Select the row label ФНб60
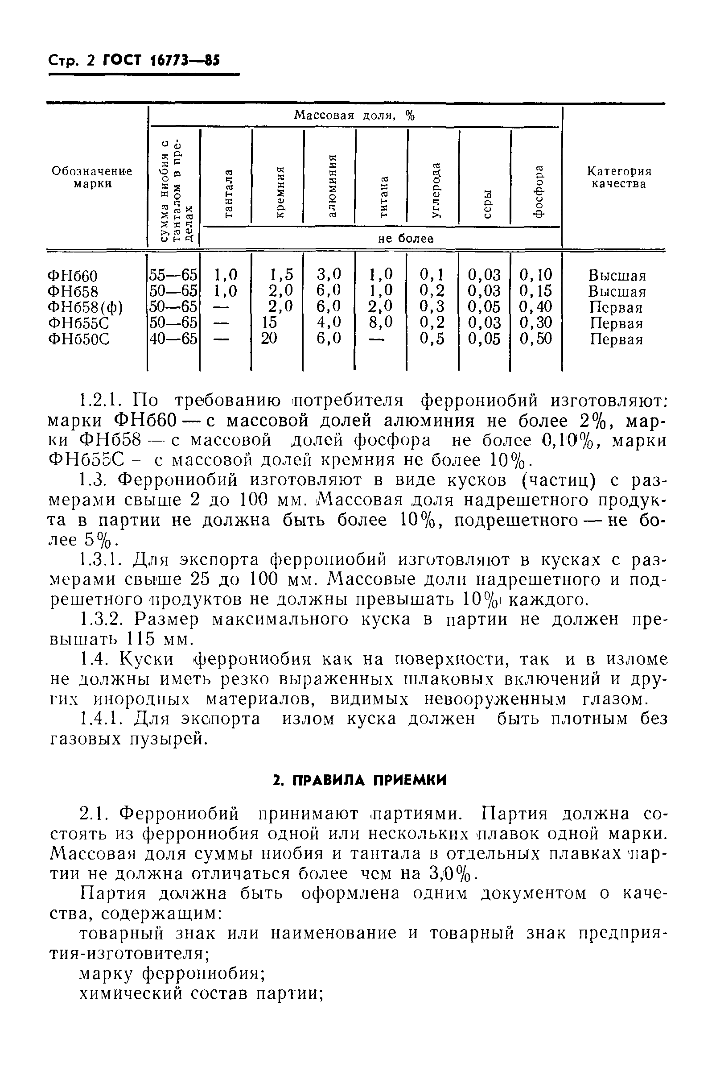73,276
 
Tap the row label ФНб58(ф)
86,307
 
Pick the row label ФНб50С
78,339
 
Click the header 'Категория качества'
619,177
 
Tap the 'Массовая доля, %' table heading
354,116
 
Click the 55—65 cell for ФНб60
173,275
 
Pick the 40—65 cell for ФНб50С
173,339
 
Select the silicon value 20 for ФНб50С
269,339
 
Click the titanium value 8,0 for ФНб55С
381,323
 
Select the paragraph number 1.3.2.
100,619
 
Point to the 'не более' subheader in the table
406,238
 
